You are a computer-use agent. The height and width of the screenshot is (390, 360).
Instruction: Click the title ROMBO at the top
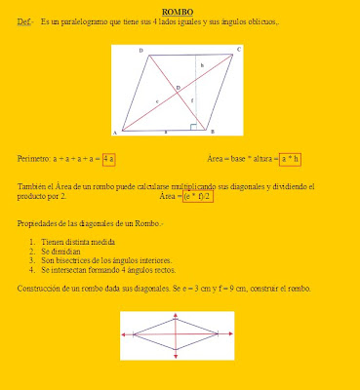[179, 11]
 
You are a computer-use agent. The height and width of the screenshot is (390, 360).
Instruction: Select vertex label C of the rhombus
[239, 48]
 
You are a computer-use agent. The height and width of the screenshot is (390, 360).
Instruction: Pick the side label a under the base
[165, 130]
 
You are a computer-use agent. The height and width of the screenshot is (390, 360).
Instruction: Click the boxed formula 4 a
[109, 158]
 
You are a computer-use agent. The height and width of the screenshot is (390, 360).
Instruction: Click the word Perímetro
[36, 158]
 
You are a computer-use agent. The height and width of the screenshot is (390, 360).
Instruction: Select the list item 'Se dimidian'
[59, 251]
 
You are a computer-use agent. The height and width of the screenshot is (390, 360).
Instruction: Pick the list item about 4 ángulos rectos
[93, 270]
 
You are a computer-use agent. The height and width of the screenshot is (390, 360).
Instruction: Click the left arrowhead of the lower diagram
[124, 336]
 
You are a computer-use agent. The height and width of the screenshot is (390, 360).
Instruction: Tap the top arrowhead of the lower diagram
[178, 317]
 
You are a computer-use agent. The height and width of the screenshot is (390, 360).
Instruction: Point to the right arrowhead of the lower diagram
[232, 336]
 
